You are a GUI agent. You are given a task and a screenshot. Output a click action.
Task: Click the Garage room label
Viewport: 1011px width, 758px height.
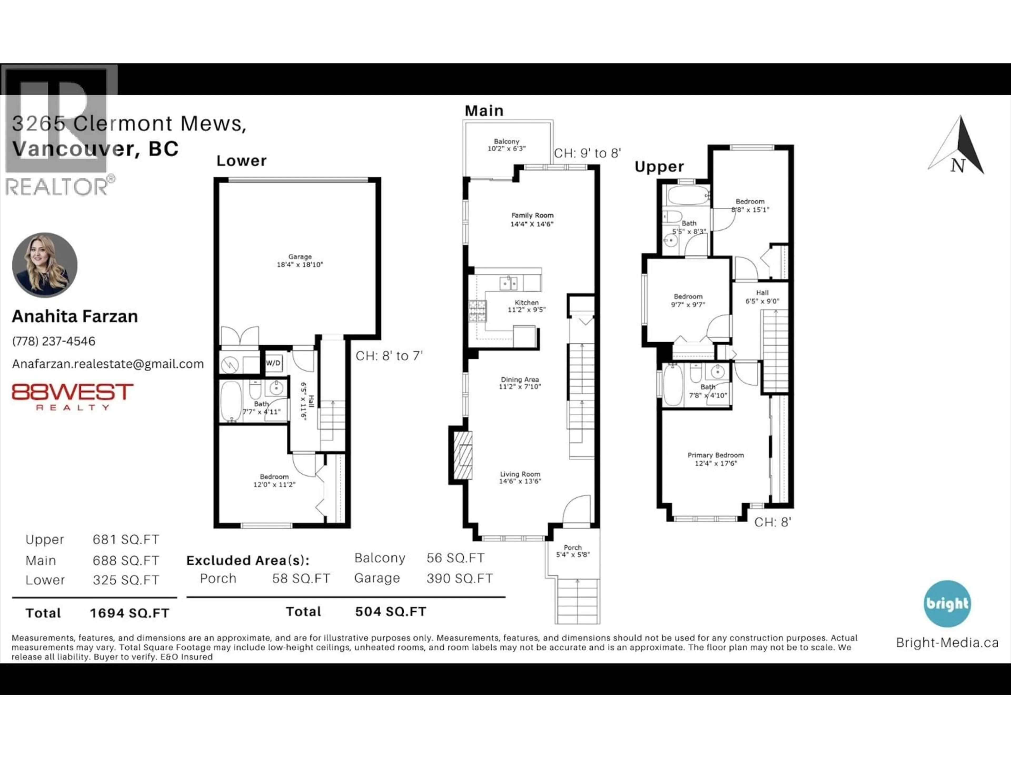coord(300,257)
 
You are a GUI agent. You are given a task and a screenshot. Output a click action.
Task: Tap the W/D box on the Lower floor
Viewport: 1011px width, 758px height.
coord(273,363)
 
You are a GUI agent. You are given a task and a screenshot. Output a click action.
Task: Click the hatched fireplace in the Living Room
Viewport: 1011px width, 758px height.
coord(463,455)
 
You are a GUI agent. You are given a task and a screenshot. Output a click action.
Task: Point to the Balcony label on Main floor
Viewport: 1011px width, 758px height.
coord(506,142)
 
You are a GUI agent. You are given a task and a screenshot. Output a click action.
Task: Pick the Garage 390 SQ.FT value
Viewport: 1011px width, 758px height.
coord(459,579)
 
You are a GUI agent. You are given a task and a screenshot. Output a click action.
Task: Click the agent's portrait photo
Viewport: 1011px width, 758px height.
coord(45,265)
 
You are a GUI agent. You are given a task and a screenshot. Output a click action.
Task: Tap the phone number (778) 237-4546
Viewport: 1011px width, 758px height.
coord(54,341)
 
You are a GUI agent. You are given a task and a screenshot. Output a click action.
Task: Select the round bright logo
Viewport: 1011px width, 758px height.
coord(947,604)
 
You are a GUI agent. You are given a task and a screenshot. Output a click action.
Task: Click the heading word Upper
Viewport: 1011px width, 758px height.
coord(659,167)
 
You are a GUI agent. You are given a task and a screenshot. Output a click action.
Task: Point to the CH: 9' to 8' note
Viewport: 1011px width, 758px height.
coord(587,153)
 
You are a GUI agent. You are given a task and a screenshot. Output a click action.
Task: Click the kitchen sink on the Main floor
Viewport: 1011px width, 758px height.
coord(508,283)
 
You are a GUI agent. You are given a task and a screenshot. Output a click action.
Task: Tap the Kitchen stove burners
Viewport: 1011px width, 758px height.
coord(477,311)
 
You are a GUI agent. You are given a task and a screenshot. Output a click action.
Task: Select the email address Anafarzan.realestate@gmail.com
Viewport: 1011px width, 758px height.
coord(108,364)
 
